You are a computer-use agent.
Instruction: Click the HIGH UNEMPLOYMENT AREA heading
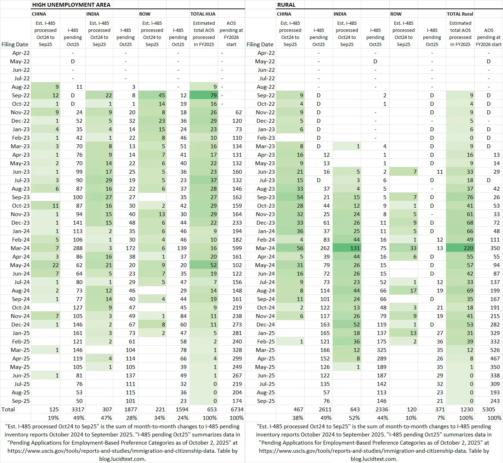click(x=71, y=5)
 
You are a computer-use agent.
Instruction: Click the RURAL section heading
click(x=286, y=5)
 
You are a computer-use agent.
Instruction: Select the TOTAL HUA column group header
click(x=203, y=14)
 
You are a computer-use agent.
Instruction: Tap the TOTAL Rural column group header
click(x=460, y=14)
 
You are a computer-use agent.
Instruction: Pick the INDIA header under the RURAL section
click(x=340, y=14)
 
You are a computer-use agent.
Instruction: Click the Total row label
click(x=9, y=409)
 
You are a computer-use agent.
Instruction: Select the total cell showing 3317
click(x=76, y=409)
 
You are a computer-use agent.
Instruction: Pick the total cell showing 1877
click(x=129, y=409)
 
